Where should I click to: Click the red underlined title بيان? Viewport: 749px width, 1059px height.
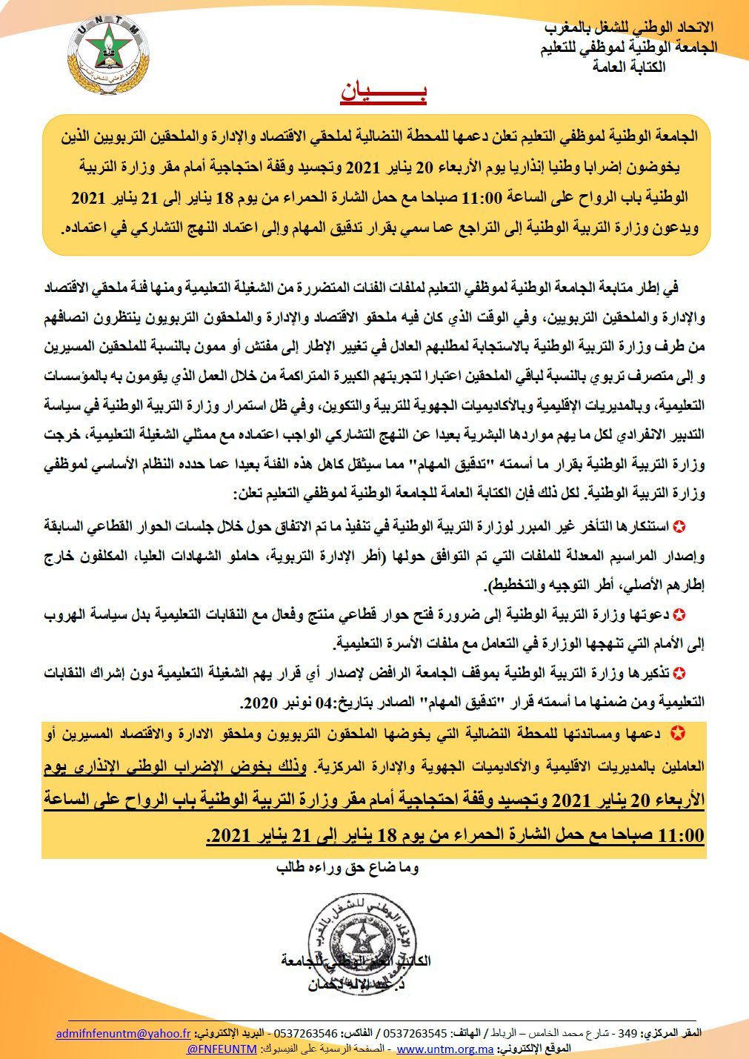point(383,92)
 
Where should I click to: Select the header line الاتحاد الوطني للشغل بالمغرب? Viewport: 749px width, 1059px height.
point(629,28)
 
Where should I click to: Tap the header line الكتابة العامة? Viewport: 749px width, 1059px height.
point(629,67)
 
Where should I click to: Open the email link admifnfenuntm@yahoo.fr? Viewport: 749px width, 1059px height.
point(124,1033)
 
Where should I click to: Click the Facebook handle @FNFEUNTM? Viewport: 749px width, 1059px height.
point(222,1049)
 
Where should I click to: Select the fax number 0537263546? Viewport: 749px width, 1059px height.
point(307,1033)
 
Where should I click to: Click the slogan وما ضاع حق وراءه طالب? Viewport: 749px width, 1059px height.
point(347,867)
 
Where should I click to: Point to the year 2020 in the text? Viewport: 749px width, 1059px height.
point(259,703)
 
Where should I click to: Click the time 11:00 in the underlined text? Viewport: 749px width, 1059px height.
point(680,835)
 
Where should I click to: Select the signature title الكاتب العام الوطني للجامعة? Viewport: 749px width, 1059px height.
point(356,961)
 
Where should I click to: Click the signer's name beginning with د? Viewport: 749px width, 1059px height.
point(356,986)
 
